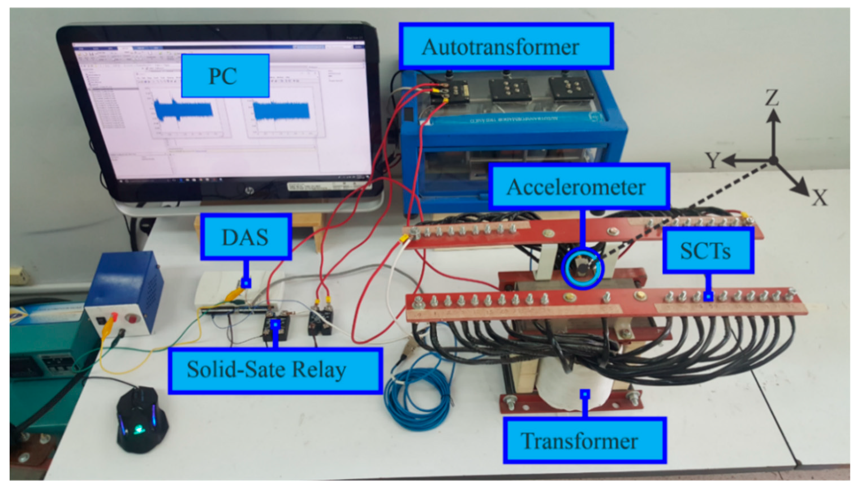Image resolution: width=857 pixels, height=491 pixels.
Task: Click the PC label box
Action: [225, 76]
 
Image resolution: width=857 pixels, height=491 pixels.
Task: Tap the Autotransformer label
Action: [506, 46]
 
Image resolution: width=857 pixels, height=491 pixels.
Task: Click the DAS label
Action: [246, 237]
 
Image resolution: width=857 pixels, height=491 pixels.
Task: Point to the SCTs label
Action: [707, 251]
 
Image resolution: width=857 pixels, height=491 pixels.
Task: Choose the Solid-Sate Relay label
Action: [274, 370]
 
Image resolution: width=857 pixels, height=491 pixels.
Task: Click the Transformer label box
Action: [584, 441]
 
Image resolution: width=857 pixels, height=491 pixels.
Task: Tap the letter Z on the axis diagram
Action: [772, 97]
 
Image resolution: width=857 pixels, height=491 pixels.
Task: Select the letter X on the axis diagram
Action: [820, 197]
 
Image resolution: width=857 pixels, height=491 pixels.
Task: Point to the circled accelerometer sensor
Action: [583, 268]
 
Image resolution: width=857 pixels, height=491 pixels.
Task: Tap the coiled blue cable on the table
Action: [417, 391]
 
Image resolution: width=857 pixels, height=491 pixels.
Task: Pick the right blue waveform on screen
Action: [281, 111]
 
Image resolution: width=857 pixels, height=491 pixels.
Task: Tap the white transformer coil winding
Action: [571, 385]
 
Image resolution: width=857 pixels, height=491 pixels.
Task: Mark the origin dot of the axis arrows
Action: [773, 161]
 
